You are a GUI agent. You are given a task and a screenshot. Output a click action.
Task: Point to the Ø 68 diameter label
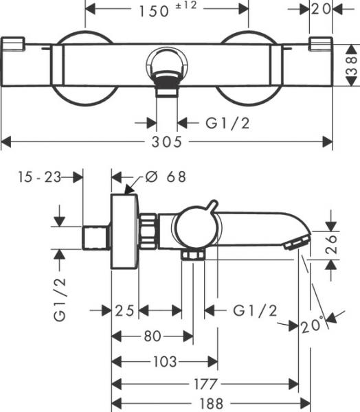point(166,176)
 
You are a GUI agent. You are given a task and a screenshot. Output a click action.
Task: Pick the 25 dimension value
point(124,311)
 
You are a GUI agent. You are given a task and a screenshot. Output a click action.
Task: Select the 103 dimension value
point(165,361)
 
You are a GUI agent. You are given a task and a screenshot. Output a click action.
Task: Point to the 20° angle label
point(311,324)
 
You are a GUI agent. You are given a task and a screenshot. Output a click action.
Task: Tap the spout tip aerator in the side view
point(297,242)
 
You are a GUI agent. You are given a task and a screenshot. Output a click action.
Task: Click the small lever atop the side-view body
point(212,208)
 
